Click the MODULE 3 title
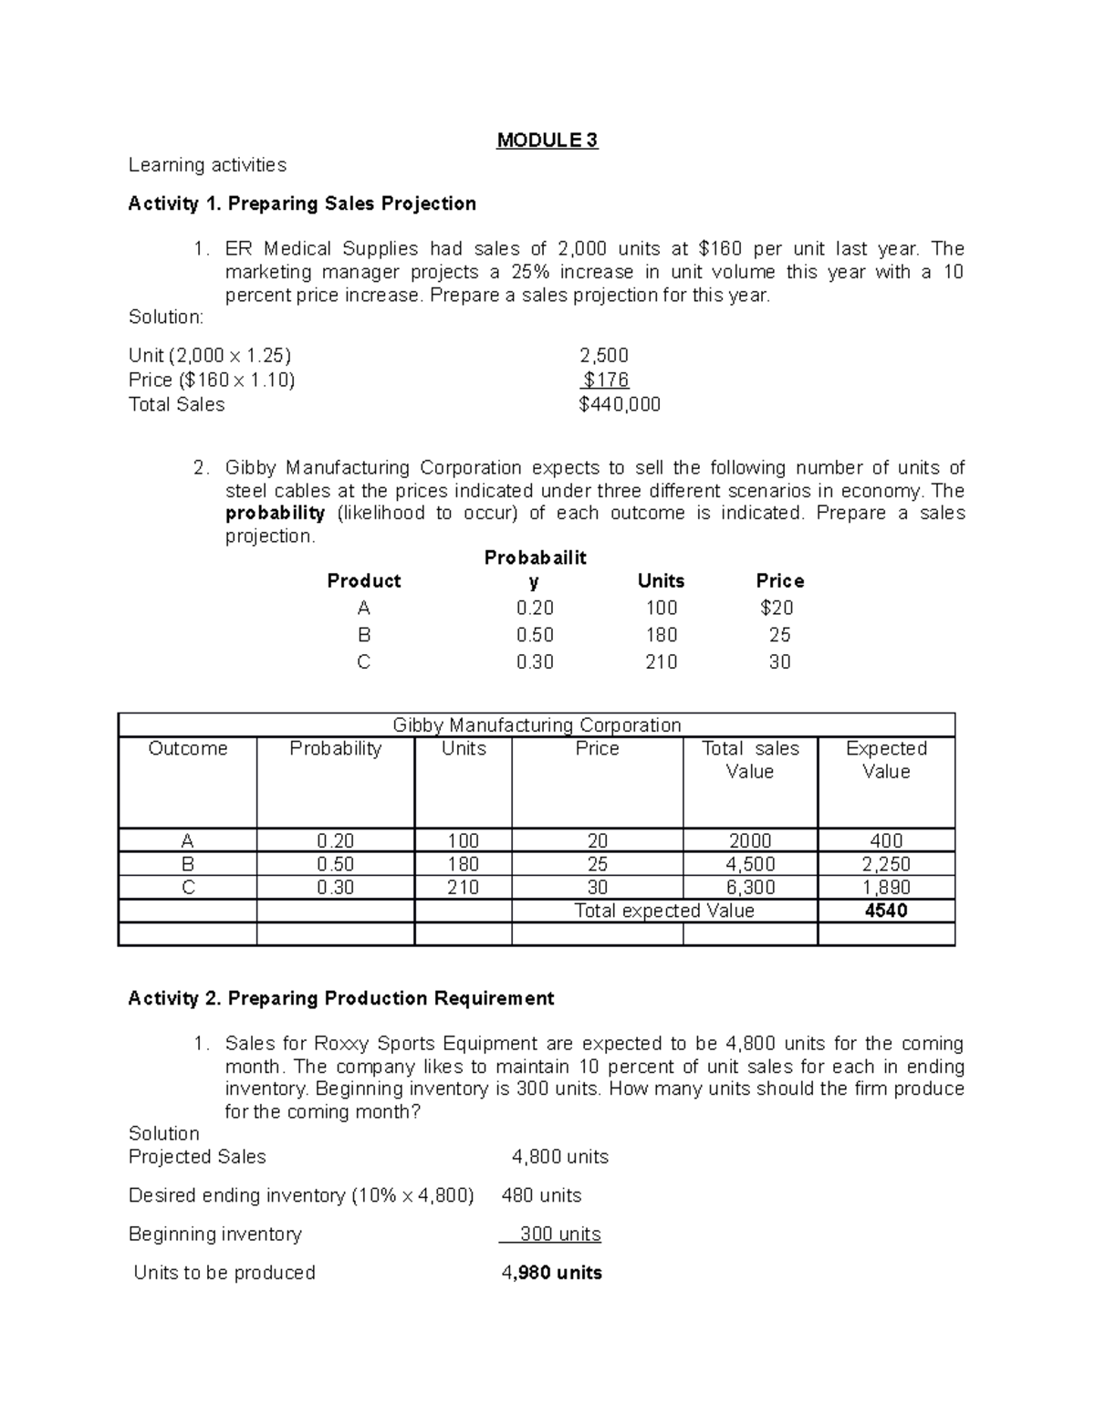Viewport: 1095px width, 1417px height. [547, 141]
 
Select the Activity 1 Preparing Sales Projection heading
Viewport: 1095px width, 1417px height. [302, 203]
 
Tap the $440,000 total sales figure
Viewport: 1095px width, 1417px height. [620, 404]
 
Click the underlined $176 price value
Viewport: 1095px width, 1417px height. [606, 380]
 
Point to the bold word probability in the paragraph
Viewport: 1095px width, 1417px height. [275, 513]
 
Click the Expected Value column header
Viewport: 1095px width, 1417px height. [886, 760]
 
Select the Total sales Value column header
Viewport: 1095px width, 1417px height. [749, 760]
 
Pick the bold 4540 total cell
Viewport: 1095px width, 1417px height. [886, 911]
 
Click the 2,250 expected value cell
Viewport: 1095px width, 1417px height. [886, 864]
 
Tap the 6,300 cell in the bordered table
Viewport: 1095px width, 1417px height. [751, 887]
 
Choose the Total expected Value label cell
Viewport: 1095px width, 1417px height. [663, 911]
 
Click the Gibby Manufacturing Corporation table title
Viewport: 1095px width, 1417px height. [537, 725]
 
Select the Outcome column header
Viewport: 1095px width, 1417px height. [187, 749]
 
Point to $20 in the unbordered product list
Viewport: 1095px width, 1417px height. [777, 608]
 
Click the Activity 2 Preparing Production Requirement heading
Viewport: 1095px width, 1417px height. [341, 998]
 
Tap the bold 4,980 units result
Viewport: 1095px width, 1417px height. [552, 1273]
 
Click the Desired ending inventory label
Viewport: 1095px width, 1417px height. [301, 1195]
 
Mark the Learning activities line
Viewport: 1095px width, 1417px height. [207, 165]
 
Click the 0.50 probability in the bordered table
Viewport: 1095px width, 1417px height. [335, 864]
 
